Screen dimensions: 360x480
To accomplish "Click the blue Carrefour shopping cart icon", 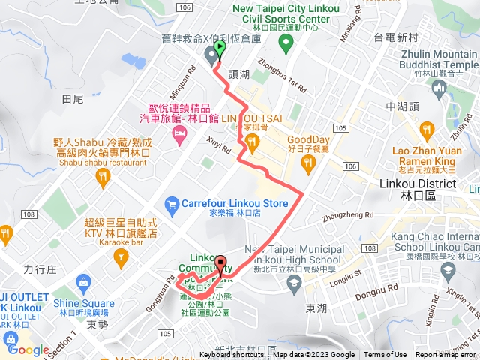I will (172, 203).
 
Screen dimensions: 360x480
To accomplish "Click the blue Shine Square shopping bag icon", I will (82, 284).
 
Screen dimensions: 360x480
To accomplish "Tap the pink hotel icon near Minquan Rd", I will (179, 135).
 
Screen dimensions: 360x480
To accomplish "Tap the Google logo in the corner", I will (28, 349).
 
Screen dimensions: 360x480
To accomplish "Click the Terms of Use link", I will (385, 355).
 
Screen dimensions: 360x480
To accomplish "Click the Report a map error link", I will (445, 355).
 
